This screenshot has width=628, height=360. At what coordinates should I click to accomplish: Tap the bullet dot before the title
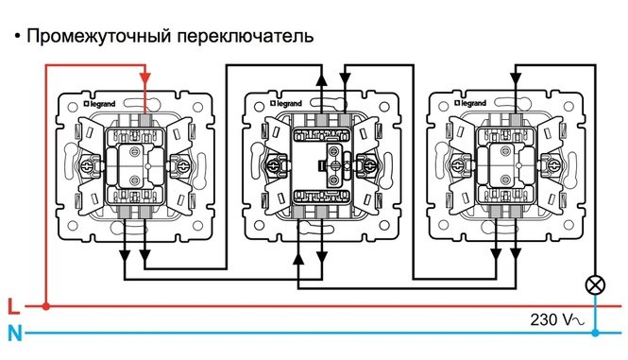click(x=17, y=37)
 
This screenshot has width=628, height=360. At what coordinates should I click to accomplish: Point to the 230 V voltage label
click(x=549, y=320)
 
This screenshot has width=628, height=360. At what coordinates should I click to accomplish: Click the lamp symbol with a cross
click(x=595, y=283)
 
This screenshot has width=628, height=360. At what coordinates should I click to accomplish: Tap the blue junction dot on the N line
click(x=595, y=333)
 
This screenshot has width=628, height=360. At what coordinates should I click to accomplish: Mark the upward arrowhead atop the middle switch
click(x=320, y=79)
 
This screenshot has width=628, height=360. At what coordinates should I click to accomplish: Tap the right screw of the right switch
click(x=547, y=166)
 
